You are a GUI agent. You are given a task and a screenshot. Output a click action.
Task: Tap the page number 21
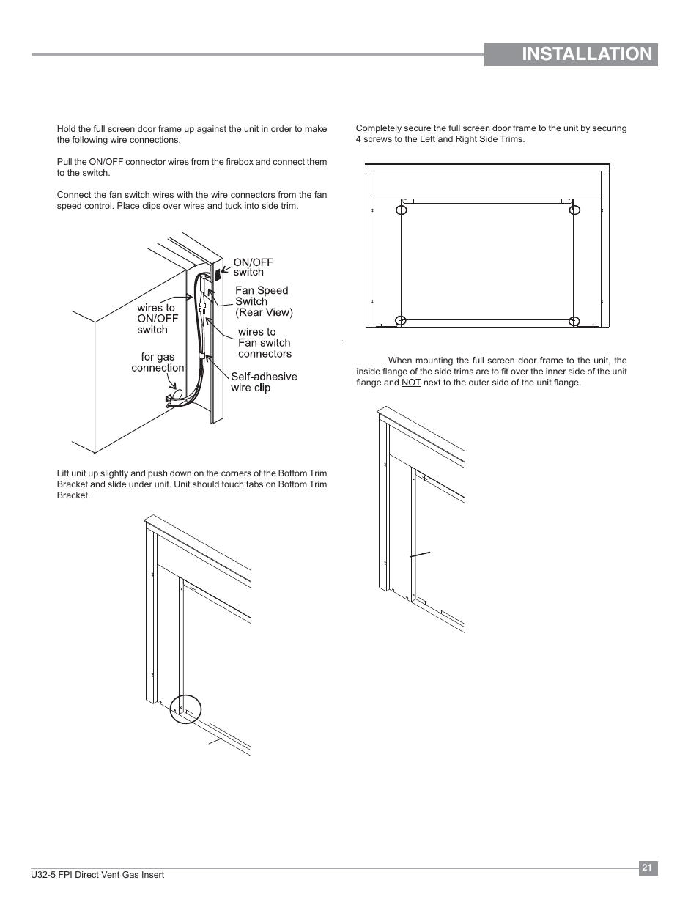pos(647,868)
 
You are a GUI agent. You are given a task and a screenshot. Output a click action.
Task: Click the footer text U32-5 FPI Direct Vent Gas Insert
pos(111,875)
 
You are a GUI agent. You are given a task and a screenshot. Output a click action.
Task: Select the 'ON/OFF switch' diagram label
pos(253,267)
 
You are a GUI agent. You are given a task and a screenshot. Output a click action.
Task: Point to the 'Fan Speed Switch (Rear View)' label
pos(263,301)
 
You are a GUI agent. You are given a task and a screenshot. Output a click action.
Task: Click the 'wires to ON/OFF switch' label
pos(158,319)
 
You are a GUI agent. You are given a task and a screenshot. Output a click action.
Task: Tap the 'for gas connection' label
pos(158,362)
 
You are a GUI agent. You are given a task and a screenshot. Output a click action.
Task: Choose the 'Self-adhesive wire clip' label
pos(264,382)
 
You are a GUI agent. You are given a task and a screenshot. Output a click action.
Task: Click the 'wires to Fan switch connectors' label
pos(264,343)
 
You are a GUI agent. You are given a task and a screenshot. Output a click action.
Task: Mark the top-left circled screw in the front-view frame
pos(402,210)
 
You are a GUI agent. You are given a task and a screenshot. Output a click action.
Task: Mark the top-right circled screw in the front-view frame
pos(574,210)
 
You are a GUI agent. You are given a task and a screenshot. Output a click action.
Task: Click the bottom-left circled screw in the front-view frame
pos(401,320)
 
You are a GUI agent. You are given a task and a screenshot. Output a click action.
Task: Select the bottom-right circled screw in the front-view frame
pos(574,320)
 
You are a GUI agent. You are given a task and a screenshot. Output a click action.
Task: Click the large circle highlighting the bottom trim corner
pos(185,708)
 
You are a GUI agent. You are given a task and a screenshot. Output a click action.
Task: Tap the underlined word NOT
pos(411,383)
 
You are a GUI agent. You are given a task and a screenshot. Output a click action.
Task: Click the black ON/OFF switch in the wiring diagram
pos(218,273)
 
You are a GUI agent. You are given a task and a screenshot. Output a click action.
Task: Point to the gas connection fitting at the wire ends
pos(171,399)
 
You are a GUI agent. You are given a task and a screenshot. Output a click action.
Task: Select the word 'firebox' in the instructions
pos(227,162)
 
